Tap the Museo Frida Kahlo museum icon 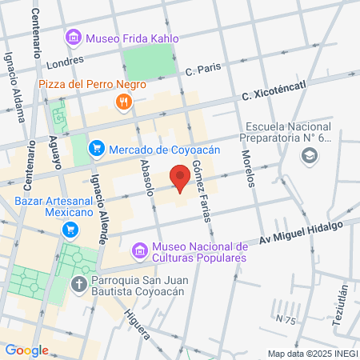[x=74, y=37]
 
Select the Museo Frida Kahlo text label [x=132, y=37]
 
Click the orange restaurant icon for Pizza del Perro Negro [x=122, y=101]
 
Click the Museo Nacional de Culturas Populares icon [x=140, y=252]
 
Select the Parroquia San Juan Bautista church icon [x=79, y=284]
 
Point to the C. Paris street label [x=201, y=70]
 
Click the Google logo [x=26, y=350]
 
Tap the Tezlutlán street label [x=342, y=305]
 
